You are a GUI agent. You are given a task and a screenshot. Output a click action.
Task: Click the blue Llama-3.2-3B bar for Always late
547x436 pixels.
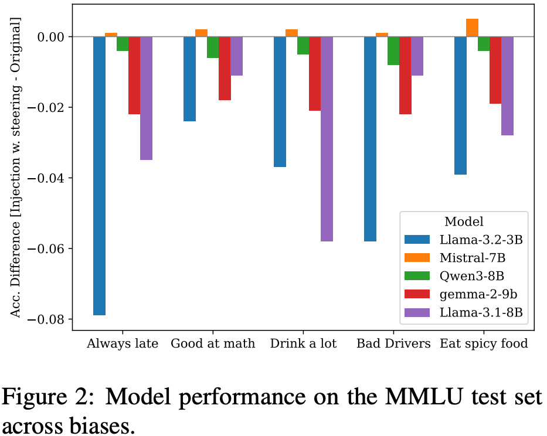point(99,176)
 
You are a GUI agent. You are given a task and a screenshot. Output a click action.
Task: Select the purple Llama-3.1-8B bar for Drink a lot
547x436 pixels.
point(327,139)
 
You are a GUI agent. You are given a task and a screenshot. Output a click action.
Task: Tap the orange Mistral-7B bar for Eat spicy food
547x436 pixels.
point(472,28)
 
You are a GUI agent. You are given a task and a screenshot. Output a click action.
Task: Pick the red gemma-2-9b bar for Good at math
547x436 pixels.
point(225,68)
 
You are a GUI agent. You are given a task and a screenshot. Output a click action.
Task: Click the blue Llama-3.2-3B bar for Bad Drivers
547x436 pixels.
point(370,139)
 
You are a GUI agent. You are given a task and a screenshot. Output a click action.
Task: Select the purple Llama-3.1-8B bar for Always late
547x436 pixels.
point(146,98)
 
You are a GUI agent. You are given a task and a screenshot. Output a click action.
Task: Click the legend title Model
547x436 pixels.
point(464,222)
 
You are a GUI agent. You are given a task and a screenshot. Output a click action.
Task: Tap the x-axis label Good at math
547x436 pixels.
point(213,343)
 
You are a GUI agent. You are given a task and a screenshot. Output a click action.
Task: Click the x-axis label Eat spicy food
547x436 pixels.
point(484,343)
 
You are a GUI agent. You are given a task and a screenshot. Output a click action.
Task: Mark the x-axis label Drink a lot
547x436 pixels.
point(303,343)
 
